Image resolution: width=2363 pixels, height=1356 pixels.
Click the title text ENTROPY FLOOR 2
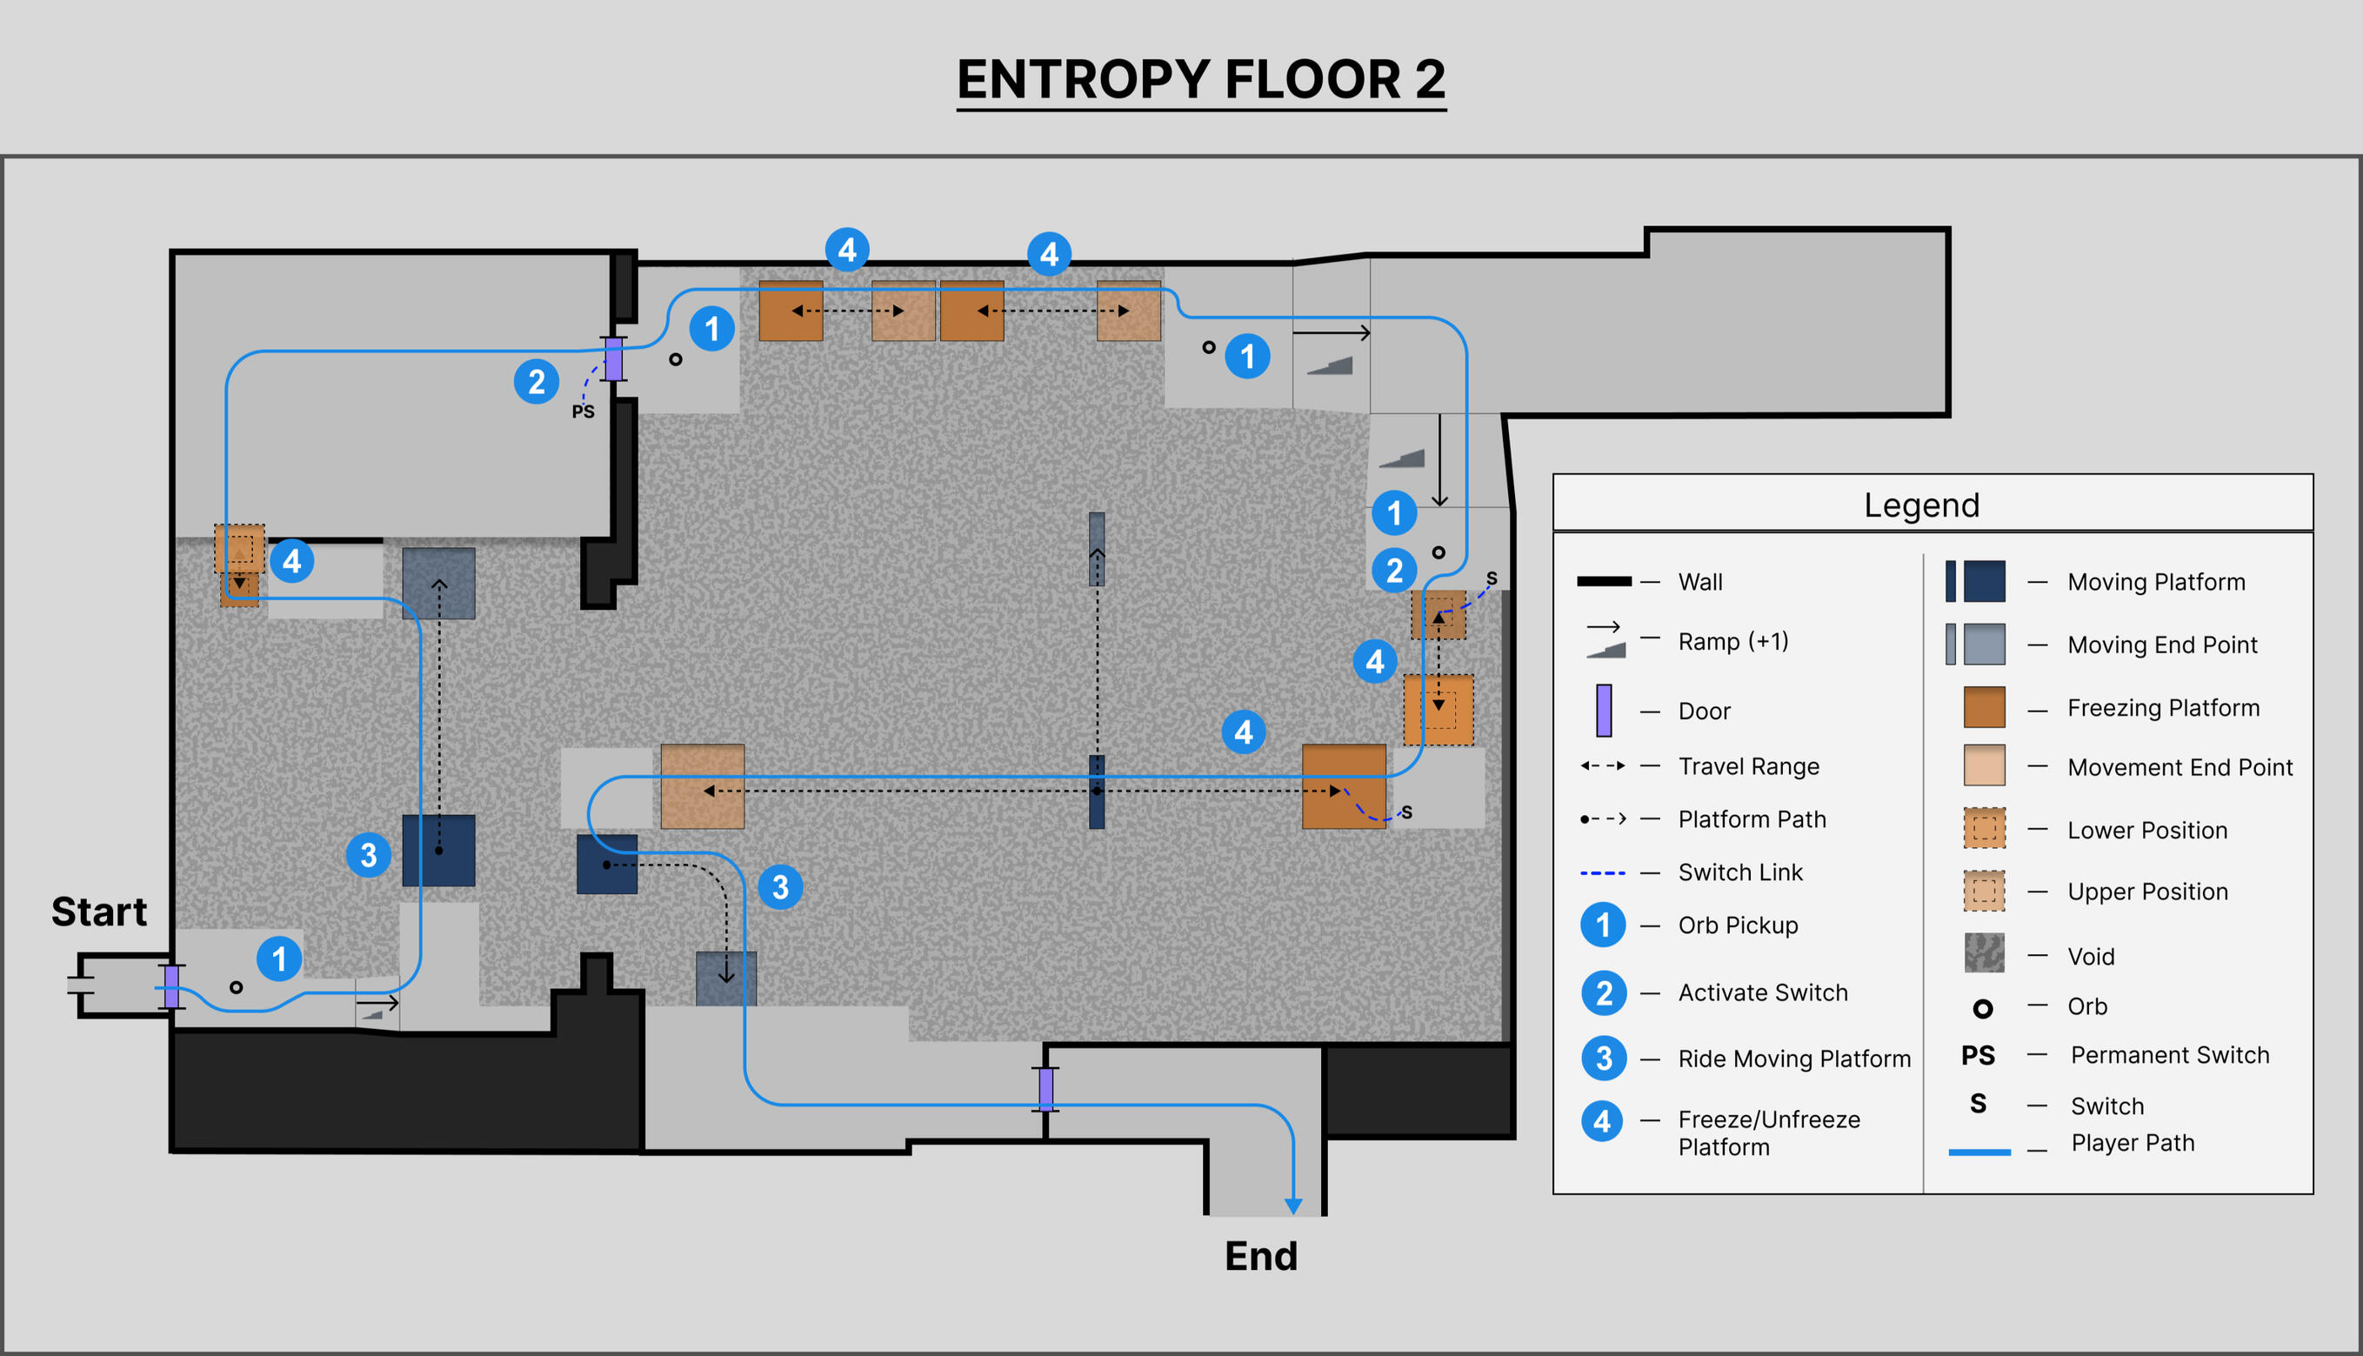click(x=1200, y=79)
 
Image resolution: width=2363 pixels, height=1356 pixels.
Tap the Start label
click(x=98, y=911)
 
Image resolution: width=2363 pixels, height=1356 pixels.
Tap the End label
click(x=1259, y=1255)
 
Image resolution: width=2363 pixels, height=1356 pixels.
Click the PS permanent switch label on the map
click(x=583, y=411)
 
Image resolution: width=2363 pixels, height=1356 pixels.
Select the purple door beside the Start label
click(x=171, y=986)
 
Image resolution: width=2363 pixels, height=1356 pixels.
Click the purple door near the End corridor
click(x=1045, y=1090)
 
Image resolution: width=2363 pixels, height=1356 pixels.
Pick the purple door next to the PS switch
click(x=613, y=358)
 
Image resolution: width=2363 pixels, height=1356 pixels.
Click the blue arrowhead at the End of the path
click(x=1292, y=1206)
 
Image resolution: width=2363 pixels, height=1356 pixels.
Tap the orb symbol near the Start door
click(x=237, y=987)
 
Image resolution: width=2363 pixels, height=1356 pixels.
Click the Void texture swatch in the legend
click(x=1983, y=953)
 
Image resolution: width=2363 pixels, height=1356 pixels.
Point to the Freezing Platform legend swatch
click(x=1983, y=707)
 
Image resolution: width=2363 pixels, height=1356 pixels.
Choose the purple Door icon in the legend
click(x=1603, y=710)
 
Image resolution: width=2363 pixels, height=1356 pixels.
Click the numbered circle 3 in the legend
click(x=1603, y=1058)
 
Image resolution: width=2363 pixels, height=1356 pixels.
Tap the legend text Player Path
click(x=2133, y=1143)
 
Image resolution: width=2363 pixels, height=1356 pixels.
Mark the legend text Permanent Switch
click(x=2169, y=1055)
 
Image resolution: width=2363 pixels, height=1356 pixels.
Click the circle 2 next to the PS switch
click(x=537, y=382)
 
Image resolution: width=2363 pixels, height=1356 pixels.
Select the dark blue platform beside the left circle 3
click(x=438, y=851)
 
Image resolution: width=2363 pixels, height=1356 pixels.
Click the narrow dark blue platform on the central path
click(x=1097, y=792)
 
